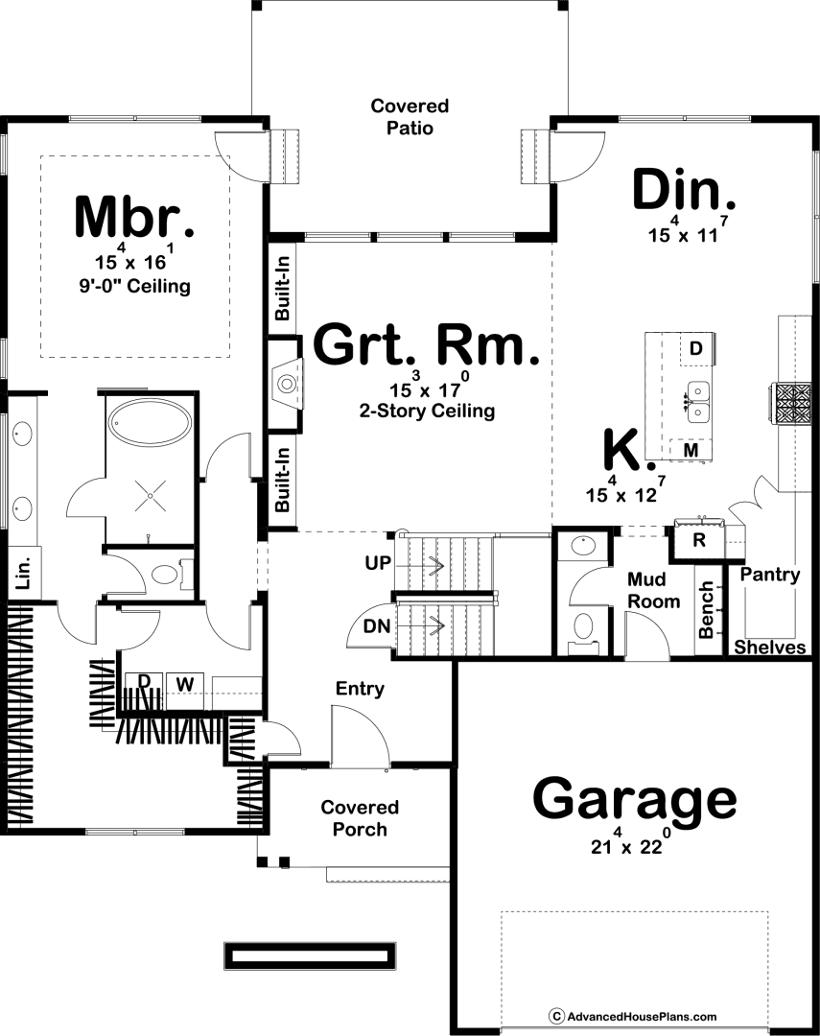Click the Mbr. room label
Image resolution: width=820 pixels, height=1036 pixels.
click(135, 216)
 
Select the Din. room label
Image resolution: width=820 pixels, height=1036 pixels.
click(684, 190)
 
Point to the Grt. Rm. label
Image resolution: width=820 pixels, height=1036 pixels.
click(426, 343)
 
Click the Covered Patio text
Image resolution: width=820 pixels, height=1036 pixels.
click(410, 116)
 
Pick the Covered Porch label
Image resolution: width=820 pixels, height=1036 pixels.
click(360, 818)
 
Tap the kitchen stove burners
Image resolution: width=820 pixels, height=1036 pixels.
click(793, 403)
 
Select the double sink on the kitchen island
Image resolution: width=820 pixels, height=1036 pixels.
click(697, 402)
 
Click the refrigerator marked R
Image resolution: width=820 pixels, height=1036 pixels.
click(698, 540)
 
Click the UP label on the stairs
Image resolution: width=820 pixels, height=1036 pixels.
click(378, 563)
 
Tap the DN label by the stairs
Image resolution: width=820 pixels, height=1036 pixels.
click(377, 625)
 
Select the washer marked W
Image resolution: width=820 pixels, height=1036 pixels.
click(185, 685)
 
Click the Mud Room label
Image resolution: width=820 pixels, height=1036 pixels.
click(653, 591)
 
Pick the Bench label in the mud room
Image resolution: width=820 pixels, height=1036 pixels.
click(706, 610)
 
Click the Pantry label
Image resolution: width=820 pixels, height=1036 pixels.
click(770, 575)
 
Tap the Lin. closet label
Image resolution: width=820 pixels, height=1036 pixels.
click(24, 572)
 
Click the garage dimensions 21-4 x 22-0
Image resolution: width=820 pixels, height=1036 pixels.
click(631, 843)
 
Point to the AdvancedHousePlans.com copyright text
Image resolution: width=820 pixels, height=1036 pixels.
click(632, 1016)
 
